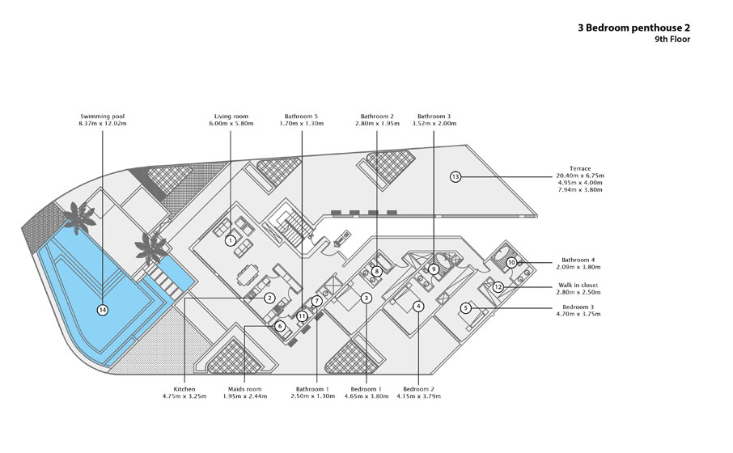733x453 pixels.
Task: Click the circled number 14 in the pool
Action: coord(103,310)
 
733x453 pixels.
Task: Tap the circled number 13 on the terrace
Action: coord(455,176)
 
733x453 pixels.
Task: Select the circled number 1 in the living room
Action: coord(231,241)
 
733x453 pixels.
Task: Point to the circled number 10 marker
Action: coord(511,263)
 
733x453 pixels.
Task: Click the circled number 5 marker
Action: coord(465,308)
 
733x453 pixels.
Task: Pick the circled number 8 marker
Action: coord(377,271)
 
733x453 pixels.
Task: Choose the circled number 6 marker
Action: coord(280,326)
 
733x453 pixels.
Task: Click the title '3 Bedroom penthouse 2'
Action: coord(634,28)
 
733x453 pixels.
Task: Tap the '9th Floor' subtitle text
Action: coord(672,40)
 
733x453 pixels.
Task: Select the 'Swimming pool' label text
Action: coord(103,116)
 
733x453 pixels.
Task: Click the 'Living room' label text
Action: coord(231,116)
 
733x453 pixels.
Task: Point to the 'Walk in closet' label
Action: coord(578,286)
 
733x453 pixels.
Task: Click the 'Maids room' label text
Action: coord(245,389)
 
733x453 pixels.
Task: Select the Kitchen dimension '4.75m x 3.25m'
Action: coord(184,396)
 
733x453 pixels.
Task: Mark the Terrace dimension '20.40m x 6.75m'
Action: coord(580,176)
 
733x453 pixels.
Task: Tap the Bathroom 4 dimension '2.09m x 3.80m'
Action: coord(578,268)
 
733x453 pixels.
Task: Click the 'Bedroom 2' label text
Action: coord(419,389)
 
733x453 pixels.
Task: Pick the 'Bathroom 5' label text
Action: coord(301,116)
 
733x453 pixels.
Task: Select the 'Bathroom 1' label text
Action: coord(313,389)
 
